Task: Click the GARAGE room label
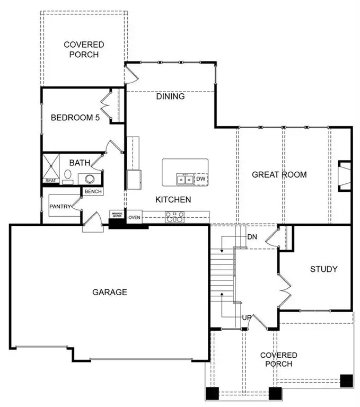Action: pyautogui.click(x=110, y=292)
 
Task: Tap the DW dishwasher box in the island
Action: pyautogui.click(x=200, y=179)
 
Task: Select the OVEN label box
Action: pyautogui.click(x=134, y=217)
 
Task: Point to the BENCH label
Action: pyautogui.click(x=93, y=191)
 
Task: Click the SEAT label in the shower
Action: pyautogui.click(x=50, y=181)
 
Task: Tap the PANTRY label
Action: pyautogui.click(x=60, y=206)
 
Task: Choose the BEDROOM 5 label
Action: pyautogui.click(x=75, y=118)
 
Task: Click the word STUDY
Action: pyautogui.click(x=323, y=269)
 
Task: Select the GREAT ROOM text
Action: pyautogui.click(x=279, y=175)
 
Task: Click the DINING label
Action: pyautogui.click(x=170, y=96)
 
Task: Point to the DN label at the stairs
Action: pyautogui.click(x=253, y=237)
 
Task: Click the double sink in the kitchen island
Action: pyautogui.click(x=185, y=180)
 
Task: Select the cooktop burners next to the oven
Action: pyautogui.click(x=174, y=217)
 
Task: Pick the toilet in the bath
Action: pyautogui.click(x=68, y=175)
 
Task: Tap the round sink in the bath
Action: pyautogui.click(x=90, y=178)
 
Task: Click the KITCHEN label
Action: pyautogui.click(x=173, y=200)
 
